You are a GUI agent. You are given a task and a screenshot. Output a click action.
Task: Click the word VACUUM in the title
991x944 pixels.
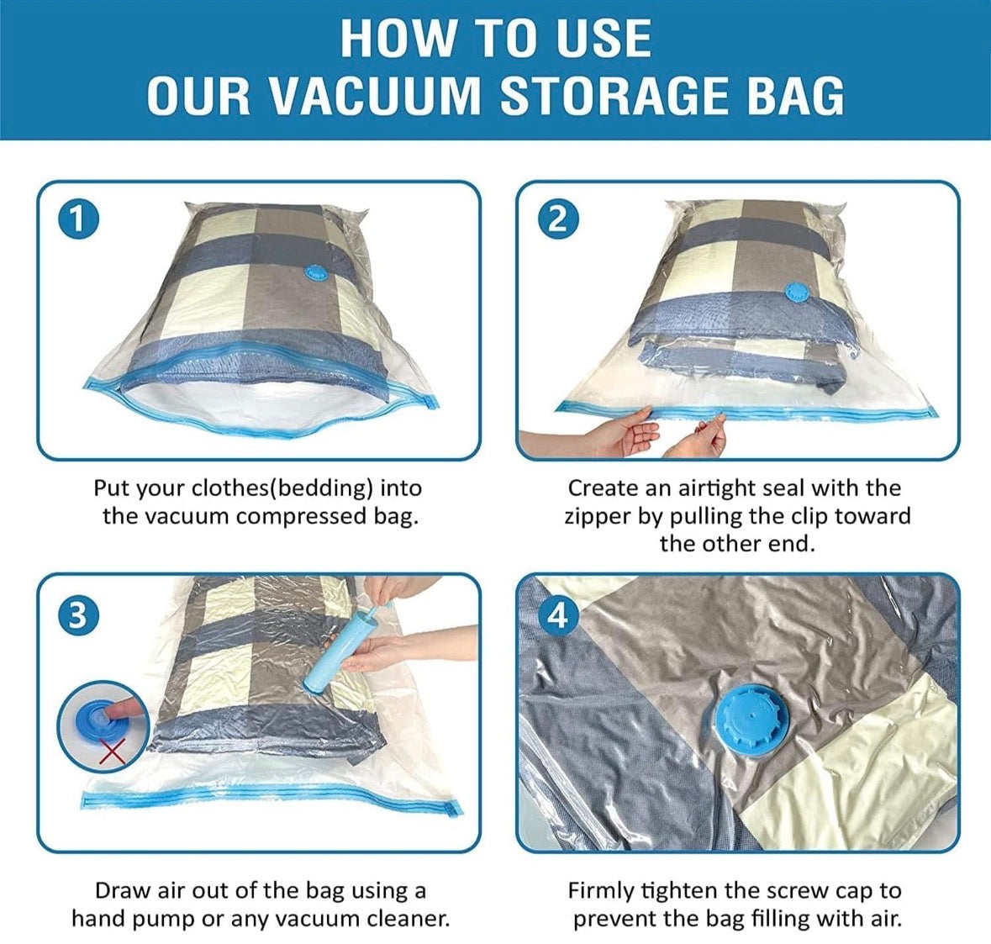(374, 95)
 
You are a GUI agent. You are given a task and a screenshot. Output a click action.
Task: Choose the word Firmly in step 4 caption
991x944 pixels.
(601, 891)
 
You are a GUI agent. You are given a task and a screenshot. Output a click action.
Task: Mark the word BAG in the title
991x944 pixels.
(795, 95)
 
